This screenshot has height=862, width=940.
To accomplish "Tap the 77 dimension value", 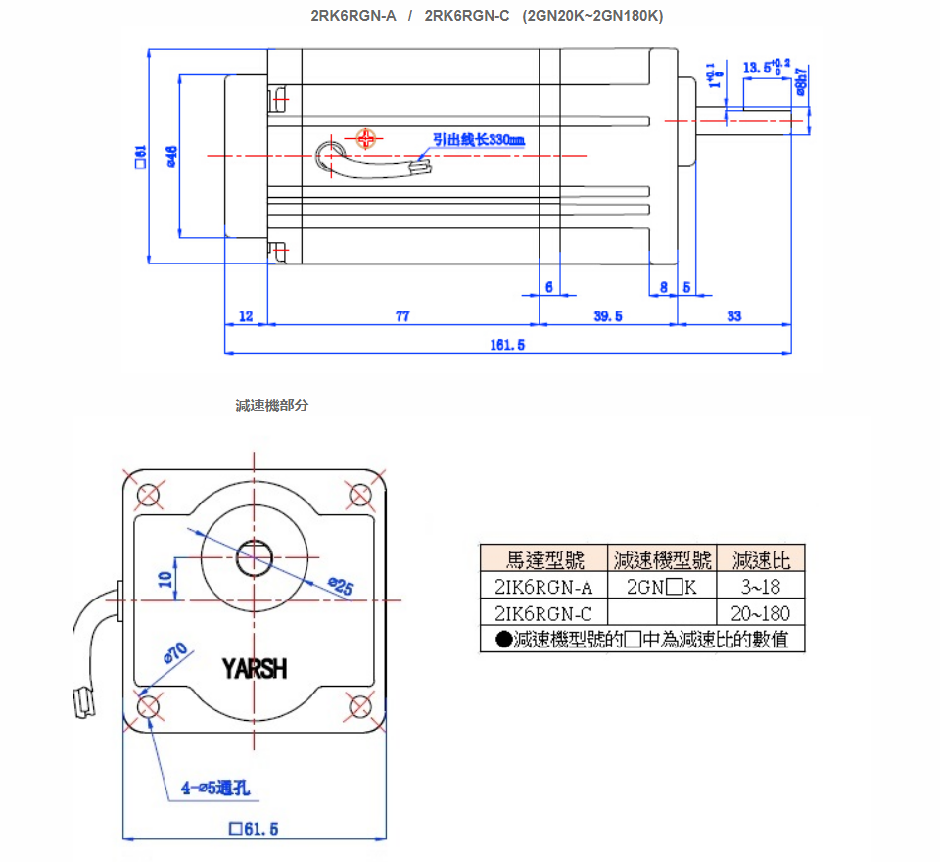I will click(401, 316).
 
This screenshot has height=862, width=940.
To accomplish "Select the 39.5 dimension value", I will click(608, 316).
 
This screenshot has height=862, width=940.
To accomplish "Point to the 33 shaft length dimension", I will click(734, 316).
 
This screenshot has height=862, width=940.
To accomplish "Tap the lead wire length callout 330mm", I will click(480, 141).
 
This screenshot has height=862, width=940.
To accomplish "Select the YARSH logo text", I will click(255, 669).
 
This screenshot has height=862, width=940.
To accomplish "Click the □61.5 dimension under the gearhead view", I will click(254, 829).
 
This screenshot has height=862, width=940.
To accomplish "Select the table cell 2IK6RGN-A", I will click(544, 587).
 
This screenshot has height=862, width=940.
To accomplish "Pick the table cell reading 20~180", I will click(760, 613).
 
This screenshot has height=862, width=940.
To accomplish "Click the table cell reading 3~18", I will click(760, 587).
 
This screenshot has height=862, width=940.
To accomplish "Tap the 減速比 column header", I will click(760, 559).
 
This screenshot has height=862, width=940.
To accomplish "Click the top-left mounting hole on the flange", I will click(148, 494).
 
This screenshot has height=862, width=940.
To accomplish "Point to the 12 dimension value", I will click(246, 316).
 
